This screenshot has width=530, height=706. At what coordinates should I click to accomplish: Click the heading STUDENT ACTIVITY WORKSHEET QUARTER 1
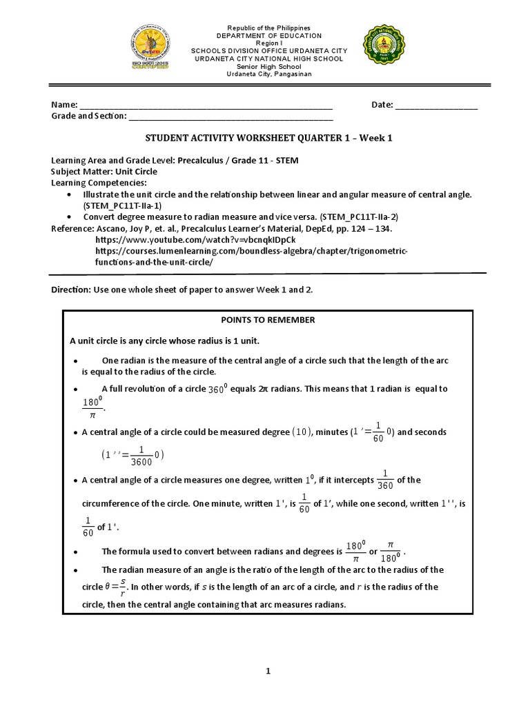coord(266,138)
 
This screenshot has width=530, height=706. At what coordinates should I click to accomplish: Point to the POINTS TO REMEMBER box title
coord(268,320)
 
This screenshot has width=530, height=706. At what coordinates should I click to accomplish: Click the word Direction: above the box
coord(71,290)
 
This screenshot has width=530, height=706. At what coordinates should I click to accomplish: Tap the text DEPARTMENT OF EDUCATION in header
coord(269,35)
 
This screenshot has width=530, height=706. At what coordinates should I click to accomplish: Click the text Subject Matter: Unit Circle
coord(104,172)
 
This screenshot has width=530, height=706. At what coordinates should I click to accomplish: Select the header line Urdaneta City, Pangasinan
coord(269,74)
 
